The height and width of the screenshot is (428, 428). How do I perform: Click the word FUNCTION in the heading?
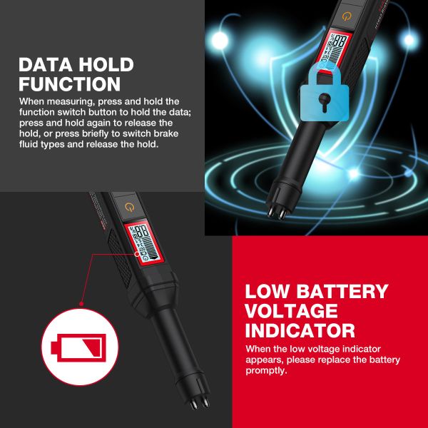70,85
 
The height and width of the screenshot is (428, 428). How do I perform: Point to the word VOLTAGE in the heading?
291,311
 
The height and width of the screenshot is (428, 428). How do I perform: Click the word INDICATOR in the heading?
300,331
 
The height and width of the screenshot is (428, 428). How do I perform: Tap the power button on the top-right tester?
347,16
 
